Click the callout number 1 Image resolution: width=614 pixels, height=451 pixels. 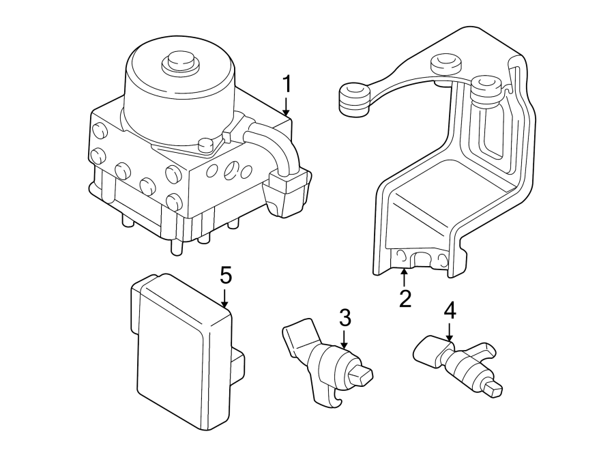click(x=287, y=85)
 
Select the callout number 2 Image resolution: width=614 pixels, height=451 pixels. click(x=405, y=298)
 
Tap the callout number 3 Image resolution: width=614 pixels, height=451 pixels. click(x=345, y=317)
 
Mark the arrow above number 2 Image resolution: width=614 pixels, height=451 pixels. click(x=405, y=277)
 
